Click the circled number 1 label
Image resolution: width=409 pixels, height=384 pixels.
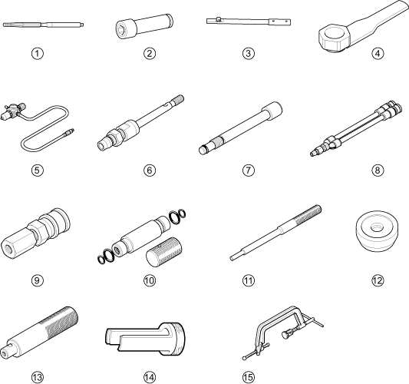click(x=38, y=54)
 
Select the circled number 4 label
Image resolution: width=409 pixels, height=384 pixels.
click(x=378, y=54)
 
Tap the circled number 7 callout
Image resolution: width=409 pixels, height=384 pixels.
click(x=248, y=170)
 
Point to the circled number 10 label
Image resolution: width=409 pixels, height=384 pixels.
click(x=150, y=280)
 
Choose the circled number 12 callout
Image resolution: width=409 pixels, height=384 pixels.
click(x=378, y=280)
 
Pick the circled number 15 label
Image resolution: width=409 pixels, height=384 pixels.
click(x=248, y=377)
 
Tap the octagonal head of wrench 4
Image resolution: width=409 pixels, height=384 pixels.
click(x=334, y=37)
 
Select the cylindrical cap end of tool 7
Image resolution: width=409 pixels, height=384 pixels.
click(x=272, y=109)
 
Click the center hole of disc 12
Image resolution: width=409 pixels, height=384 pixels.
click(x=376, y=227)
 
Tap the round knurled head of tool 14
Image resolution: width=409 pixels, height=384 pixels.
click(x=175, y=339)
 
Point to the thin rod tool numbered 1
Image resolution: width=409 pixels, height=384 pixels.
click(x=43, y=25)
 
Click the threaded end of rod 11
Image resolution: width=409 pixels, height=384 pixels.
click(x=308, y=214)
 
